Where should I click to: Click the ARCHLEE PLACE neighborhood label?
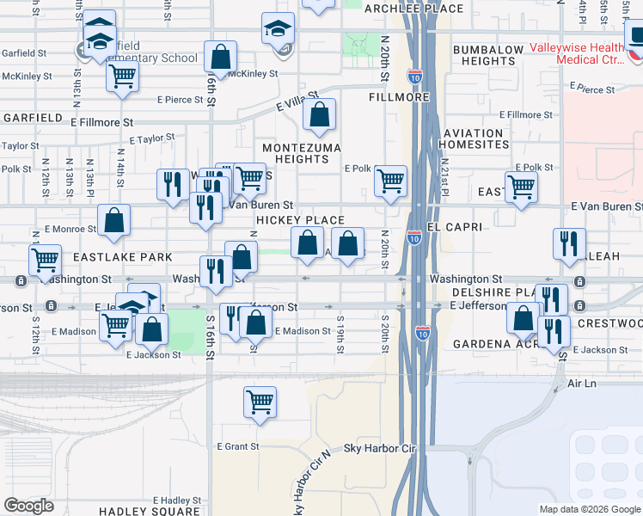[414, 9]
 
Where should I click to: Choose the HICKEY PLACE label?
[300, 221]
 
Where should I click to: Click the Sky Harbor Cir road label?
[379, 449]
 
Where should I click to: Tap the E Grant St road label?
[238, 446]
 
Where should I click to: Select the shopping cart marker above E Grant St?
[260, 402]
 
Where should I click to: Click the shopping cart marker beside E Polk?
[390, 181]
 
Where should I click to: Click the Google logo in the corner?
[28, 506]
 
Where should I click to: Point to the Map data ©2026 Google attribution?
[589, 509]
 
